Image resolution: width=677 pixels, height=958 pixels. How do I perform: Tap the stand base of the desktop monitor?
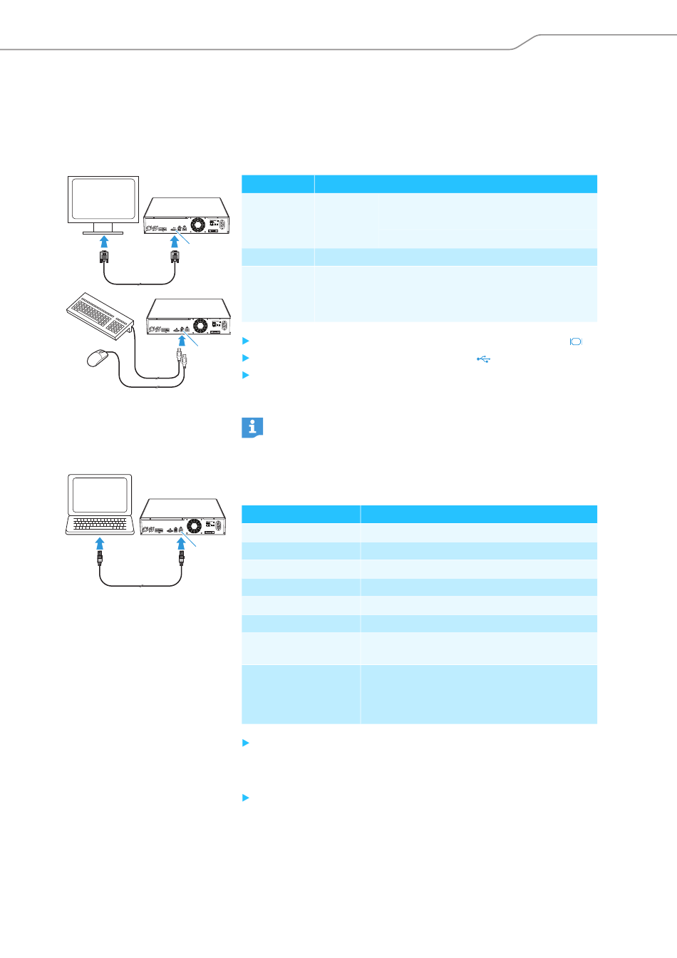pyautogui.click(x=103, y=232)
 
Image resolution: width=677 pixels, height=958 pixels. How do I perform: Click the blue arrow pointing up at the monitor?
pyautogui.click(x=104, y=244)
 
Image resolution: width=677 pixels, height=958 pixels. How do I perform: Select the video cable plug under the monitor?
pyautogui.click(x=104, y=257)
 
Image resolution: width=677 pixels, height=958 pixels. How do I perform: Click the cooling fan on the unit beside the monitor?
pyautogui.click(x=197, y=225)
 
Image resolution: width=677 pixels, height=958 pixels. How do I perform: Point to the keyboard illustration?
pyautogui.click(x=100, y=314)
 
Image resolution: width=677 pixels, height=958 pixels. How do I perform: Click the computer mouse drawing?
pyautogui.click(x=98, y=358)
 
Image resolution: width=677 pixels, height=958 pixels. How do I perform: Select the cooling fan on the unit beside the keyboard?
pyautogui.click(x=200, y=326)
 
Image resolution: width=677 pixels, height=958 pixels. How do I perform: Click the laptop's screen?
pyautogui.click(x=100, y=495)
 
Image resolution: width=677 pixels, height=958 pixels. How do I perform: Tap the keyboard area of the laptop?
pyautogui.click(x=100, y=525)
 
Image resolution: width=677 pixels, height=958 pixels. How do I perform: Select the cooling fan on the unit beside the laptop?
pyautogui.click(x=194, y=526)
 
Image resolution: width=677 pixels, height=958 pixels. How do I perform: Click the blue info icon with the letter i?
pyautogui.click(x=252, y=428)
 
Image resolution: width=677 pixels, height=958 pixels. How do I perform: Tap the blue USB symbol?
pyautogui.click(x=483, y=359)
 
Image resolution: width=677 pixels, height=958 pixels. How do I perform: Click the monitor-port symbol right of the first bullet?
pyautogui.click(x=576, y=341)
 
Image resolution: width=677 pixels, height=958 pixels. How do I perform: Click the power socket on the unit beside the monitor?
pyautogui.click(x=221, y=225)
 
